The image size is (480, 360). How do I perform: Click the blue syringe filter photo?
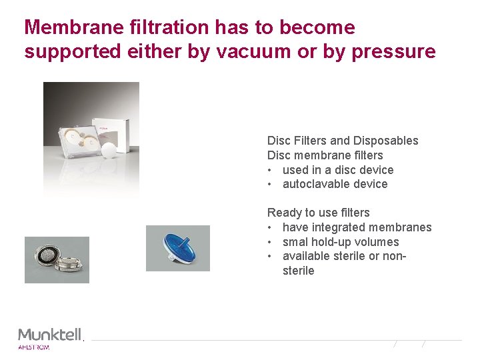177,248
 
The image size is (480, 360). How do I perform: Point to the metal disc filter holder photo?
57,260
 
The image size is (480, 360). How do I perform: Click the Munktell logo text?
50,334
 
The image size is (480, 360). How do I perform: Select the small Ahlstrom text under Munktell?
33,347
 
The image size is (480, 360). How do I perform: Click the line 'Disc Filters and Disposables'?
343,141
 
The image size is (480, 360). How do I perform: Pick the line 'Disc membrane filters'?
325,155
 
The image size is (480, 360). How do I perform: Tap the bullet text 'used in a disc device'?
338,170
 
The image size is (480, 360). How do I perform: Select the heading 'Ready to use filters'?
318,213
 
